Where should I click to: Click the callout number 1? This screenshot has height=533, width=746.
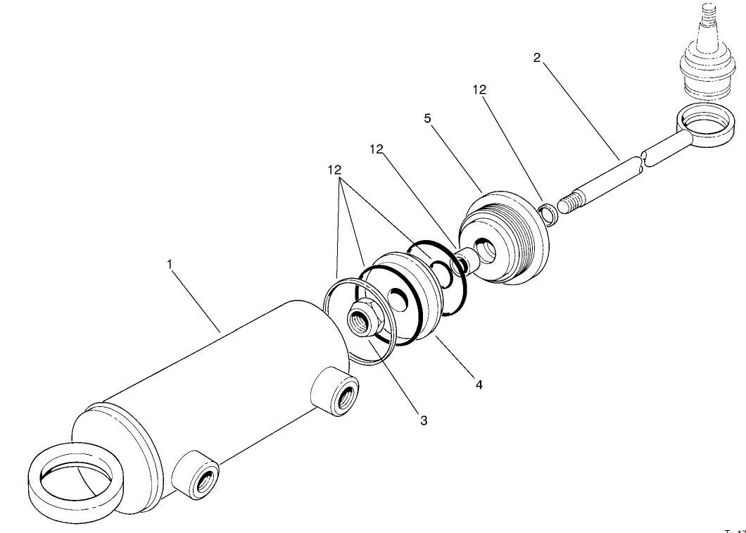coord(169,264)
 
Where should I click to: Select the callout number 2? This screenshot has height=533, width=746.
coord(537,58)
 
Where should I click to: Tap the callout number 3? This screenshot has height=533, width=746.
coord(423,420)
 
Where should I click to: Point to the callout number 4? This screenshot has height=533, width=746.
coord(479,385)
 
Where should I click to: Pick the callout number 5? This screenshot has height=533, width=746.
coord(427,118)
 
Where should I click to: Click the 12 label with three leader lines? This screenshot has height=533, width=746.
coord(334,170)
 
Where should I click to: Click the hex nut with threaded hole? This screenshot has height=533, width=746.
coord(364,321)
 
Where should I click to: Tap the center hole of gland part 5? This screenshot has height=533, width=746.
coord(486,248)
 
